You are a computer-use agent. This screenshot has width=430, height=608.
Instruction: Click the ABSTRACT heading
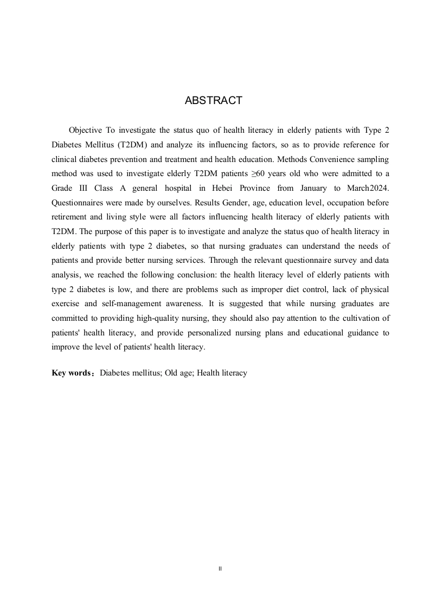coord(213,101)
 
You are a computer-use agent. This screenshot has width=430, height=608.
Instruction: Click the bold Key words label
coord(73,373)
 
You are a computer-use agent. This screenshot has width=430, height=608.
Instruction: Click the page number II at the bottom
coord(220,568)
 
